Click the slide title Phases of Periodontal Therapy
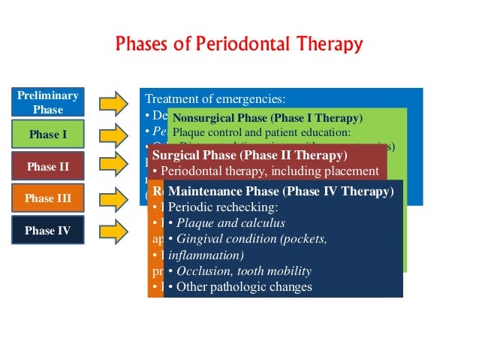[239, 44]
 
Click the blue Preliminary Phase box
[48, 103]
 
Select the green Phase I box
[48, 135]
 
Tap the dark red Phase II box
[48, 167]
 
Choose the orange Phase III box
[48, 198]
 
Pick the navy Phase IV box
[48, 231]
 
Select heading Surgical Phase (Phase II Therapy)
[250, 156]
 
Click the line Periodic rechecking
[218, 207]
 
